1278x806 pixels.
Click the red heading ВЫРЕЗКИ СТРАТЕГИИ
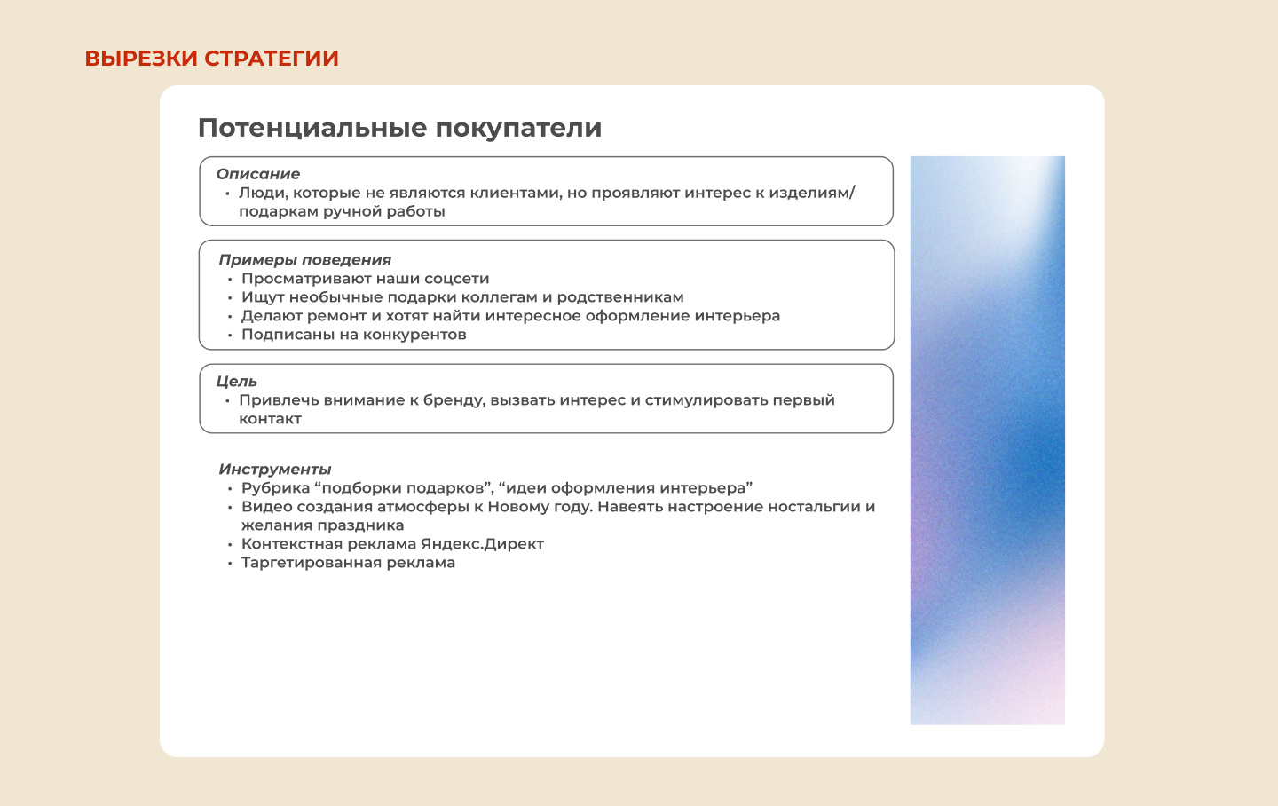[211, 59]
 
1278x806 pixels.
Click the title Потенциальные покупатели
[399, 128]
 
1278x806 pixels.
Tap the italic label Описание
[258, 174]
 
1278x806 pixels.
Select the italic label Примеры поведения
[304, 260]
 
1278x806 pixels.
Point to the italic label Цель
[237, 382]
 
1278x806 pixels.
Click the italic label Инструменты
[275, 470]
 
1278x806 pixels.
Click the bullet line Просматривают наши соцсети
[365, 279]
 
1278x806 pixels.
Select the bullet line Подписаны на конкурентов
[353, 335]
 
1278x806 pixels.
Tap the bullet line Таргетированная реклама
[348, 563]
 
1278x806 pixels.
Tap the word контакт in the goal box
[270, 419]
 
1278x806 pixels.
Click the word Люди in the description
[260, 193]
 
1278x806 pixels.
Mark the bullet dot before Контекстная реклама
[230, 544]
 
